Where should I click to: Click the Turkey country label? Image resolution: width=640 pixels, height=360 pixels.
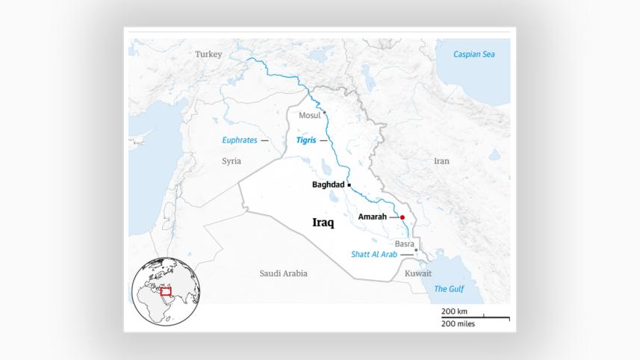click(208, 54)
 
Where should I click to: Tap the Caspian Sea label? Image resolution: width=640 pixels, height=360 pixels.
click(473, 54)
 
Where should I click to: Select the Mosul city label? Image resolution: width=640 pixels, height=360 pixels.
click(309, 115)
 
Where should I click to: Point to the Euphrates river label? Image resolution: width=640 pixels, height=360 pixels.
click(240, 140)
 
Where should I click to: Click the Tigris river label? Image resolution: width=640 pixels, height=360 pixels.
click(306, 140)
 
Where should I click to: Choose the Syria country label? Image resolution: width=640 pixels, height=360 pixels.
click(232, 161)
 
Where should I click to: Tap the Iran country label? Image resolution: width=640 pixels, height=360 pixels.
click(442, 161)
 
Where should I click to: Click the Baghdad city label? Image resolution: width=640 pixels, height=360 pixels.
click(329, 184)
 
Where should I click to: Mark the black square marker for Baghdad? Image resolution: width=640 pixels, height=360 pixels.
click(349, 184)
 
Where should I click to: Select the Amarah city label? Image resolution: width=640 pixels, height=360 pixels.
click(372, 217)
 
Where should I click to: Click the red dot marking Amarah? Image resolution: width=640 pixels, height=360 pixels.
click(402, 217)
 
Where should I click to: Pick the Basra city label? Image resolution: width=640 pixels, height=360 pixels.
click(404, 244)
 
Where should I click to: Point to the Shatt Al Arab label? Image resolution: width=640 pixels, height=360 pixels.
click(373, 255)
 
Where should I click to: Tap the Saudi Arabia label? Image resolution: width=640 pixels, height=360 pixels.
click(283, 273)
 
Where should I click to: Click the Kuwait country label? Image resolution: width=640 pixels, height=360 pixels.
click(417, 273)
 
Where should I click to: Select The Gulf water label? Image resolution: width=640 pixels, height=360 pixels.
click(450, 289)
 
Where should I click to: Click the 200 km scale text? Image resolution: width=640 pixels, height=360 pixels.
click(454, 311)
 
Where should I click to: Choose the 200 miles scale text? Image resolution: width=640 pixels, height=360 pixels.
click(458, 323)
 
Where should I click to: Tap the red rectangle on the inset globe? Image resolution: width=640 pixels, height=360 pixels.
click(167, 291)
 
